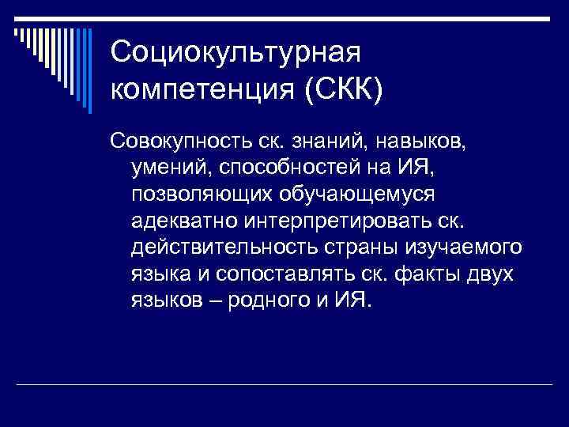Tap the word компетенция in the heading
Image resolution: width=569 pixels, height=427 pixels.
202,89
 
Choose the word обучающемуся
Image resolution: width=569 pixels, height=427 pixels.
340,194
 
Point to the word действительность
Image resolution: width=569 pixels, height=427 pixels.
208,247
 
